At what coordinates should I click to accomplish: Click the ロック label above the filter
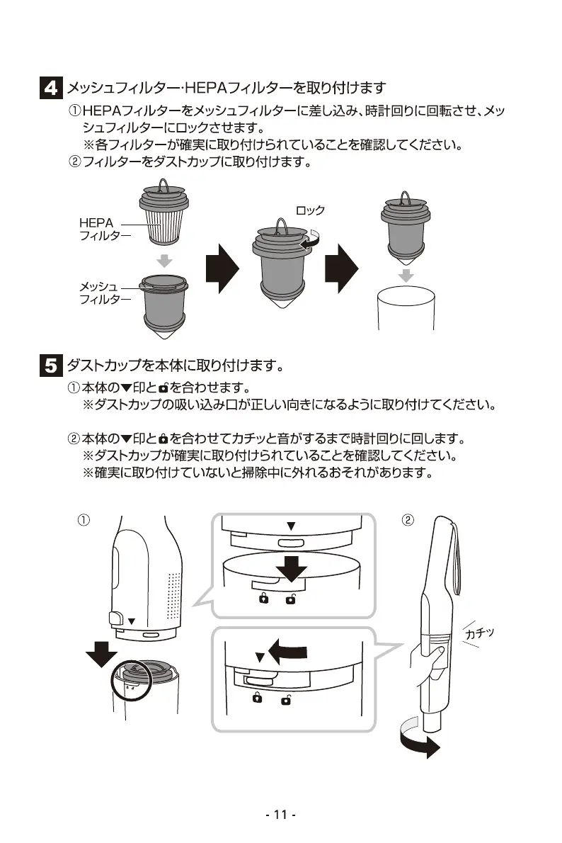click(x=310, y=211)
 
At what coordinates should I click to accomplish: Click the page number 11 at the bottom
click(x=280, y=815)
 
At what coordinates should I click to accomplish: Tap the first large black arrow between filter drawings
click(x=221, y=271)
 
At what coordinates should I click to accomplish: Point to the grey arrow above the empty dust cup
click(x=405, y=273)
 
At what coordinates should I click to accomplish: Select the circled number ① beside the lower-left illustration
click(x=83, y=520)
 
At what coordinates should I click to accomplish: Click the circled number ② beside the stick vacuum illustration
click(x=408, y=520)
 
